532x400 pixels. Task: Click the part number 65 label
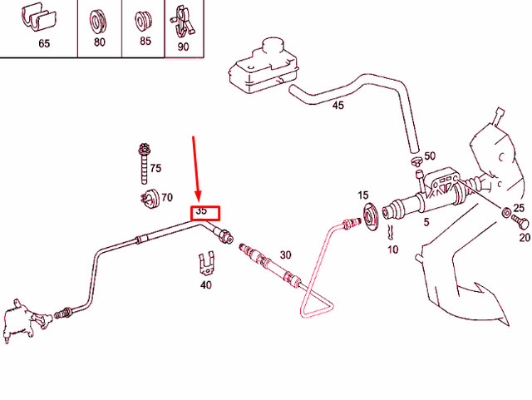click(x=44, y=44)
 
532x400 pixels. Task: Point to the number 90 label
click(x=183, y=47)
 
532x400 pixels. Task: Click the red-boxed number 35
click(x=202, y=212)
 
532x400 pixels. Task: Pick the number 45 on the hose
click(x=337, y=106)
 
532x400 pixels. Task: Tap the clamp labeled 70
click(x=146, y=200)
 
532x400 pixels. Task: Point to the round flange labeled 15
click(x=371, y=217)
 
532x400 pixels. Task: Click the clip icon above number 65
click(x=44, y=18)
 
